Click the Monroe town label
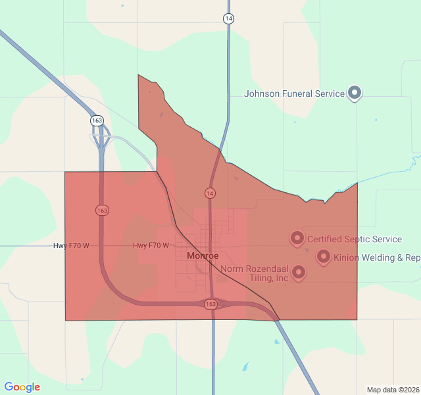[x=203, y=255]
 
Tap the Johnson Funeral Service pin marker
[x=355, y=93]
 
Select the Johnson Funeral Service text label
[x=294, y=93]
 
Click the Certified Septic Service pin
[x=297, y=238]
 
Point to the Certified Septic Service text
[x=355, y=239]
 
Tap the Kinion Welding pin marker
[x=323, y=256]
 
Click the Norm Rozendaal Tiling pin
[x=299, y=271]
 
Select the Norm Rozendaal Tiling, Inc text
[x=255, y=273]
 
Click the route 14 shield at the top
[x=228, y=18]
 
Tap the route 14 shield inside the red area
[x=209, y=193]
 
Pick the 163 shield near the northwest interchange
[x=97, y=120]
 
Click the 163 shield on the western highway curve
[x=102, y=210]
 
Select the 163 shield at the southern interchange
[x=210, y=304]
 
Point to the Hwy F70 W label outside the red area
[x=71, y=246]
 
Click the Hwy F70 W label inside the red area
[x=151, y=246]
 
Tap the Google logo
[x=22, y=387]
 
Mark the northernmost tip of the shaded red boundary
[x=138, y=75]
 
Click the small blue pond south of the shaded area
[x=245, y=366]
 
